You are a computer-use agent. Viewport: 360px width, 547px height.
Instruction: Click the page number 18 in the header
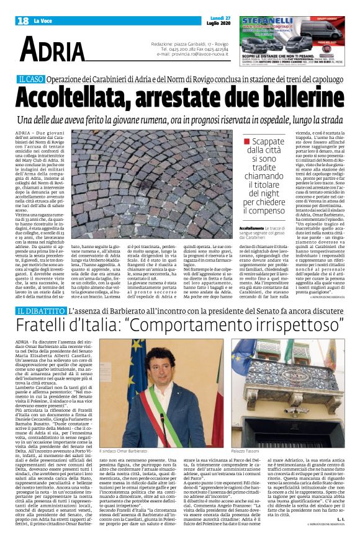tap(22, 21)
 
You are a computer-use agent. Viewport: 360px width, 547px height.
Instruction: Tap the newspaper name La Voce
tap(43, 22)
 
